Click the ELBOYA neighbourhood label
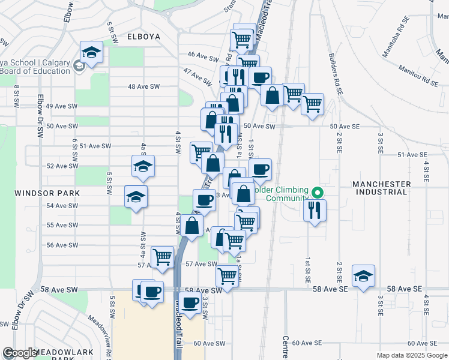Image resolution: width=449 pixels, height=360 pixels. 144,37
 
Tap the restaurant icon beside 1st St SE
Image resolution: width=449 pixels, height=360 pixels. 314,210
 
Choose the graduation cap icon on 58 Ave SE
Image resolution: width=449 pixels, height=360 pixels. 363,276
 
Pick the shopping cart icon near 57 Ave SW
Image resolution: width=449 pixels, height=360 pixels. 162,257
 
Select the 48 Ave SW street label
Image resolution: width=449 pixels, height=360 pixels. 143,86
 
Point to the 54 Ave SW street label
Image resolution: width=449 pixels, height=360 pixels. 62,206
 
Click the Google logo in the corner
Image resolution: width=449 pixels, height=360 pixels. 20,353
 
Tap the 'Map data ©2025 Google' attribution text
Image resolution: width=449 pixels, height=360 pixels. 411,355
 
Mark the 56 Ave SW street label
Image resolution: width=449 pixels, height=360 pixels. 62,245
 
